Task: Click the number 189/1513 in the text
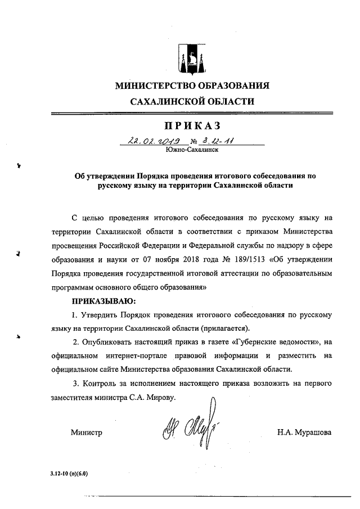(x=254, y=260)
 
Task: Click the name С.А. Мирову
(x=154, y=397)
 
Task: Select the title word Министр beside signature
(x=85, y=433)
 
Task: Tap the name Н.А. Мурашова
(x=304, y=433)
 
